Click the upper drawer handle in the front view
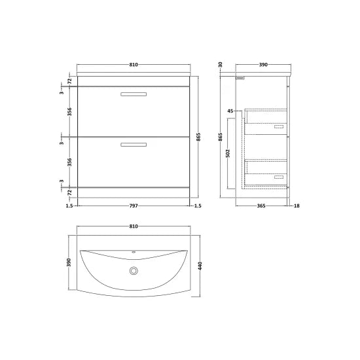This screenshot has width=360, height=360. click(134, 96)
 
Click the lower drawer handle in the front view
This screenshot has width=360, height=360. click(134, 143)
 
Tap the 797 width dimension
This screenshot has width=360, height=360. click(134, 206)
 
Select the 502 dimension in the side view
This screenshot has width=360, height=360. click(227, 153)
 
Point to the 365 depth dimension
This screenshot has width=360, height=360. click(261, 206)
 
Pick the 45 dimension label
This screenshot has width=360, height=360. click(230, 111)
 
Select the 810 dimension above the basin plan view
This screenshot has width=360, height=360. click(134, 226)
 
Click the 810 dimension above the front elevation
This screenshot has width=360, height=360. click(134, 65)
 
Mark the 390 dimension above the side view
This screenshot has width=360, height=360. click(263, 65)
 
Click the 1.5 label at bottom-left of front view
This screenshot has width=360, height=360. click(69, 206)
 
